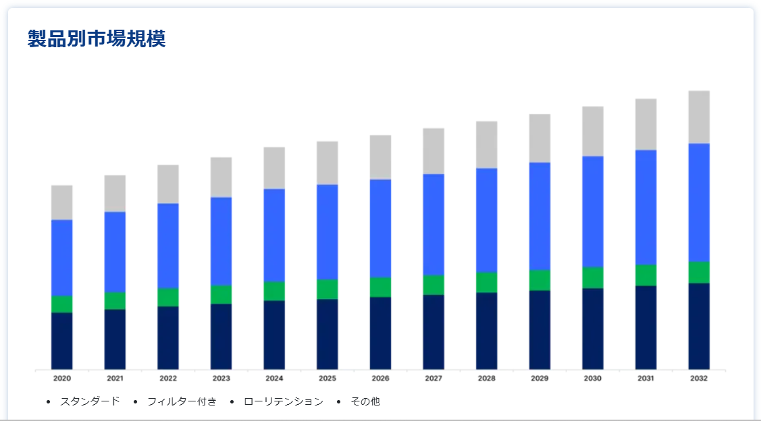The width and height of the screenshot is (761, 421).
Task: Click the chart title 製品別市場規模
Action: [97, 39]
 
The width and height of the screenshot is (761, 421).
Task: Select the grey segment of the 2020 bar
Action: [62, 202]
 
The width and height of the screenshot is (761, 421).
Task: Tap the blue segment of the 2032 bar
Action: [699, 202]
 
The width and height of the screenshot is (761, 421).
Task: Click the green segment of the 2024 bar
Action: [274, 291]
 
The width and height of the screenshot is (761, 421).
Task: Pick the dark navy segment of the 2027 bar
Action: [434, 332]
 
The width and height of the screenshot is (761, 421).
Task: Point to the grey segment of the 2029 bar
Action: [540, 138]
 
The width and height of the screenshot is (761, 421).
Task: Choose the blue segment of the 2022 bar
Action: [168, 246]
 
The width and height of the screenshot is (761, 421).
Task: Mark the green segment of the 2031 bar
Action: [646, 275]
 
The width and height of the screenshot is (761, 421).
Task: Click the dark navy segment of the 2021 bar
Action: [115, 339]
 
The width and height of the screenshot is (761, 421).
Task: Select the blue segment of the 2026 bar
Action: [380, 228]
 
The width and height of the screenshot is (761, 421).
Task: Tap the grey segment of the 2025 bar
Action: [327, 163]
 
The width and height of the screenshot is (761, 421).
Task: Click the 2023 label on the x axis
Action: [221, 378]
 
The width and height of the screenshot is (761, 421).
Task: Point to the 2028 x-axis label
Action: [486, 378]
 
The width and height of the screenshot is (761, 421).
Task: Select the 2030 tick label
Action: [593, 378]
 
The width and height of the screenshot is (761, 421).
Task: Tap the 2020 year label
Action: [62, 378]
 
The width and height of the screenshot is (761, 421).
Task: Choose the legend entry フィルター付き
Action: [182, 401]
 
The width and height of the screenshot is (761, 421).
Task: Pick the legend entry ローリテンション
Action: [283, 401]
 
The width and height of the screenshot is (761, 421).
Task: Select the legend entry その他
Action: [365, 401]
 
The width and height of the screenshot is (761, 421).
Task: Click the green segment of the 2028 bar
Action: [487, 282]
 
